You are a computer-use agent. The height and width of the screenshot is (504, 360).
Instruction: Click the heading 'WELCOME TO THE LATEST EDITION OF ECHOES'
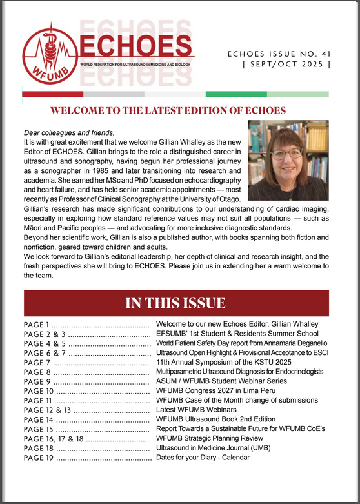tap(175, 110)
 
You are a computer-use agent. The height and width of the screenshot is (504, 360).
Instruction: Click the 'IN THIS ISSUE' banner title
tap(175, 303)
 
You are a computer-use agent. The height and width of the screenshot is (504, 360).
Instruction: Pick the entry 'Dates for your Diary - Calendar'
tap(212, 458)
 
